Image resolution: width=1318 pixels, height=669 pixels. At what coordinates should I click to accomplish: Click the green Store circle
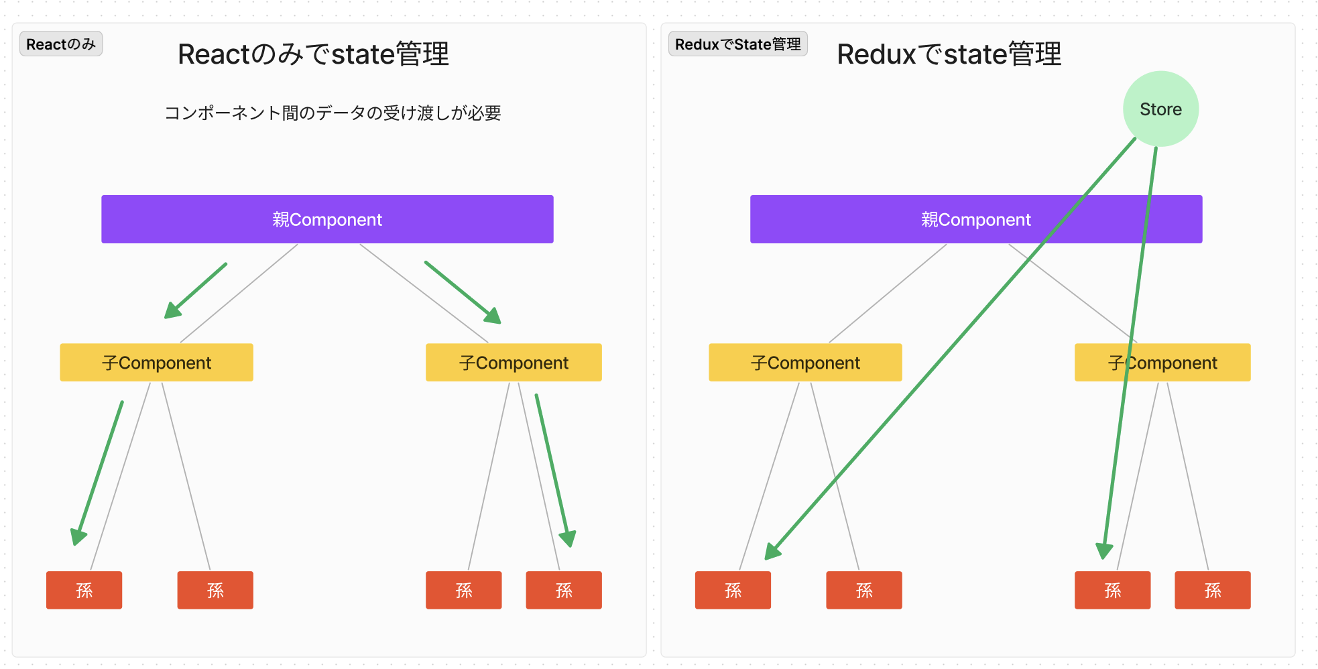click(1160, 109)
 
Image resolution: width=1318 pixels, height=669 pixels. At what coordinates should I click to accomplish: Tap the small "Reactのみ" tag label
click(61, 44)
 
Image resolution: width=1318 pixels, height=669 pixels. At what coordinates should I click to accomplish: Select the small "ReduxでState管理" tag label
click(737, 44)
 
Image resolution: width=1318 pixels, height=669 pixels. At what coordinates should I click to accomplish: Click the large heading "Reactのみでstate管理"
click(313, 54)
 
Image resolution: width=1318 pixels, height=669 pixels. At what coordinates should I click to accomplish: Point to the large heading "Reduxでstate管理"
click(949, 54)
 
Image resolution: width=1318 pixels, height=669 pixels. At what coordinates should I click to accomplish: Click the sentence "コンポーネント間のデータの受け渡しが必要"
click(333, 113)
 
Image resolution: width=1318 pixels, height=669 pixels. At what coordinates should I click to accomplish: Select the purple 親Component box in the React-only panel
click(327, 219)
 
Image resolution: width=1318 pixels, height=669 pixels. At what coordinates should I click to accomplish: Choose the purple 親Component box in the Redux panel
click(976, 219)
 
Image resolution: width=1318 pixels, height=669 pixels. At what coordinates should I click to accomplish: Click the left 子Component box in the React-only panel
click(156, 363)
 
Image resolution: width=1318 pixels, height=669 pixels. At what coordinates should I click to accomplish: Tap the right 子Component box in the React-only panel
click(514, 363)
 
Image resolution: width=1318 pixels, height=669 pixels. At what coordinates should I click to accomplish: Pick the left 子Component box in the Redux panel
click(805, 363)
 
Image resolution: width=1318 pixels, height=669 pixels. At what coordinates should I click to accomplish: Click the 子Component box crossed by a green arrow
click(1162, 363)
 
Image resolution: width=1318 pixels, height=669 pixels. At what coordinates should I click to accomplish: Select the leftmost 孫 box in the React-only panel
click(84, 590)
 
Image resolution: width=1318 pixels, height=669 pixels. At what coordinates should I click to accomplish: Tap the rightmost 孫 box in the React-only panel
click(564, 590)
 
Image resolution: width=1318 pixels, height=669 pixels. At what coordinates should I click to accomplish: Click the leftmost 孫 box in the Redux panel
click(733, 590)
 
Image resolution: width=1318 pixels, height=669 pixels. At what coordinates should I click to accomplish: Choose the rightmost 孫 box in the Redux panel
click(1213, 590)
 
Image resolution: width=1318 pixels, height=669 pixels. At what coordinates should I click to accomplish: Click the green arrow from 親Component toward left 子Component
click(196, 291)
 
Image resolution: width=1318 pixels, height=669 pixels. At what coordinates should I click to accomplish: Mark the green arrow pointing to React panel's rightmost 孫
click(555, 471)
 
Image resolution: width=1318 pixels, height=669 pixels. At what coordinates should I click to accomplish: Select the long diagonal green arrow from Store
click(951, 349)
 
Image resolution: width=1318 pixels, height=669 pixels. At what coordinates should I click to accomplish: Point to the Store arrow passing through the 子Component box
click(1130, 353)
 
